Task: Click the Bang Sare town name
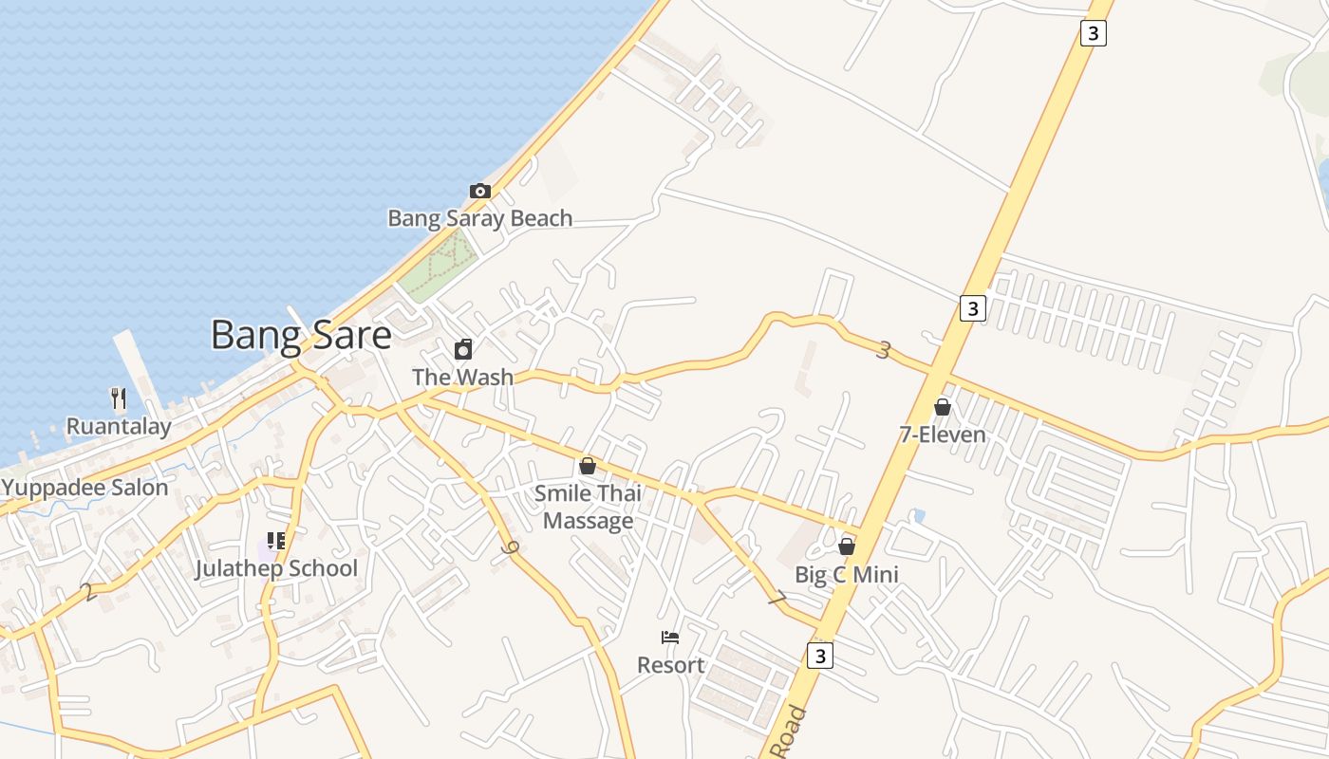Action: [300, 336]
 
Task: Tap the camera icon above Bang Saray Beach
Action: [480, 191]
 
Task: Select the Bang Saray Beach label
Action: [479, 218]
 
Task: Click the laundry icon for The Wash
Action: [463, 349]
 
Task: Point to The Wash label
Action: [462, 377]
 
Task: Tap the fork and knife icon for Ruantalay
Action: [119, 398]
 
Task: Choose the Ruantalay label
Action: [119, 426]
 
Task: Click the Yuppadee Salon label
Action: [84, 488]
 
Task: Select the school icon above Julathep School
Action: [276, 541]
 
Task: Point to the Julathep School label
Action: [276, 568]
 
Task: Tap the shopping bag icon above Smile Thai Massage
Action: [588, 466]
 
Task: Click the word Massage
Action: [588, 521]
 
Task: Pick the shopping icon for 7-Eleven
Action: [943, 407]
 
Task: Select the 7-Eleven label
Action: [943, 435]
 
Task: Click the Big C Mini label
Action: [847, 575]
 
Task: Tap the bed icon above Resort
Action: [670, 638]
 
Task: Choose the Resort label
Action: [670, 665]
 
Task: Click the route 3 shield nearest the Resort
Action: [820, 656]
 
